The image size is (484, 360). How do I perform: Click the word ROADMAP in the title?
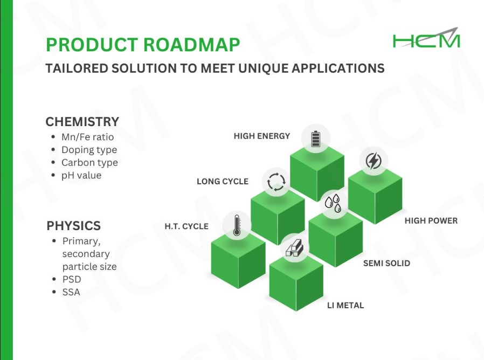(x=191, y=44)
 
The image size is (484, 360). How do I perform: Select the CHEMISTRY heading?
(x=82, y=122)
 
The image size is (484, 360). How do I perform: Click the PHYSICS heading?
(x=74, y=226)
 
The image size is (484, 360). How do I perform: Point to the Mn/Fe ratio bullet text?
(x=88, y=137)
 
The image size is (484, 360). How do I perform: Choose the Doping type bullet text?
(x=89, y=150)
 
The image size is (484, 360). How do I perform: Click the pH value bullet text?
(x=81, y=175)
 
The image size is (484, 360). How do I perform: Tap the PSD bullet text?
(x=72, y=279)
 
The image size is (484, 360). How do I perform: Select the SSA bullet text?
(x=71, y=292)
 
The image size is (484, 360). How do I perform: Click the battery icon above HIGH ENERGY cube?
(x=315, y=139)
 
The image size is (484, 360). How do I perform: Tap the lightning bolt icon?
(x=374, y=161)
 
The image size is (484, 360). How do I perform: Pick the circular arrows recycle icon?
(x=276, y=181)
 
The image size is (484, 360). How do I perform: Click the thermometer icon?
(x=237, y=225)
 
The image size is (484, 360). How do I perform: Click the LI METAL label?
(x=345, y=306)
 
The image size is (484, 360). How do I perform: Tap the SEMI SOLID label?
(x=386, y=264)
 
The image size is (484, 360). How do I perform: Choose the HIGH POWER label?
(x=431, y=221)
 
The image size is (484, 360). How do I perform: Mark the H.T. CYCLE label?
(x=186, y=226)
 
